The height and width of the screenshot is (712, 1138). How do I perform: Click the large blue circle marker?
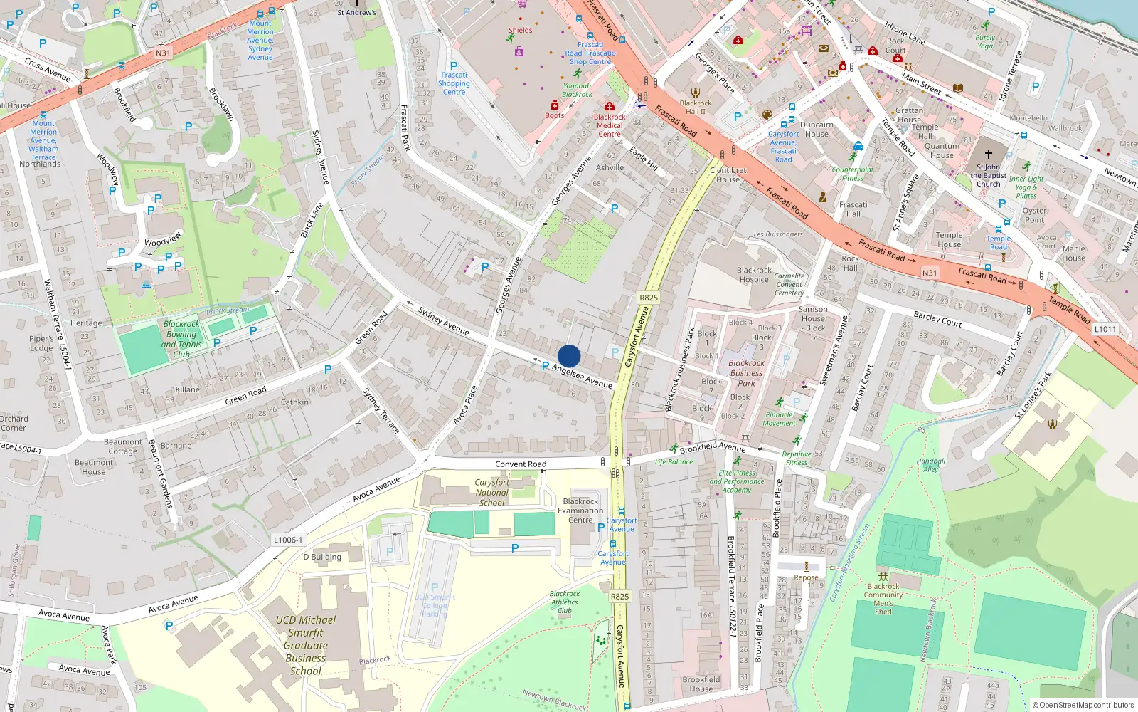(569, 356)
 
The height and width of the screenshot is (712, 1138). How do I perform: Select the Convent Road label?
(521, 464)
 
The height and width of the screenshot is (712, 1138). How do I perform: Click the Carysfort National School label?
(492, 492)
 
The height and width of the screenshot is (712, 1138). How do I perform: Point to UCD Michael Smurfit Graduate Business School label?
(306, 645)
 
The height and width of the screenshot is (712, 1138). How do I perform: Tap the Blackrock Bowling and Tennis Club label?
(181, 339)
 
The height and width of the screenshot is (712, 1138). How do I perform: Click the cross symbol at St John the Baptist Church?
(988, 154)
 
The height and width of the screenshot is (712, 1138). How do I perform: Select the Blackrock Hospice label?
(754, 275)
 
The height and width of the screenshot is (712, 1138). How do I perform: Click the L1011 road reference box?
(1105, 329)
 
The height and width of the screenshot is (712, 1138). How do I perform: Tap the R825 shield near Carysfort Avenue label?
(649, 298)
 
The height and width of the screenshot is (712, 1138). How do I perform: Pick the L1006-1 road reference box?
(288, 540)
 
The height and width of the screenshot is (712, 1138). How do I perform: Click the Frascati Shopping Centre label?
(454, 83)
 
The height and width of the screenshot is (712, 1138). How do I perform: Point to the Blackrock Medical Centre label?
(610, 125)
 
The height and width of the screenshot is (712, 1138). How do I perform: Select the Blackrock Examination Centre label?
(580, 511)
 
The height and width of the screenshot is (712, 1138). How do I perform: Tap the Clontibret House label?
(728, 174)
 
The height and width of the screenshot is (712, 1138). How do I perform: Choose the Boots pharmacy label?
(555, 115)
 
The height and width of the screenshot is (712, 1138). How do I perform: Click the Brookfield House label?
(701, 684)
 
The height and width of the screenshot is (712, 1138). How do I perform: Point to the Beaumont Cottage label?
(123, 446)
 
